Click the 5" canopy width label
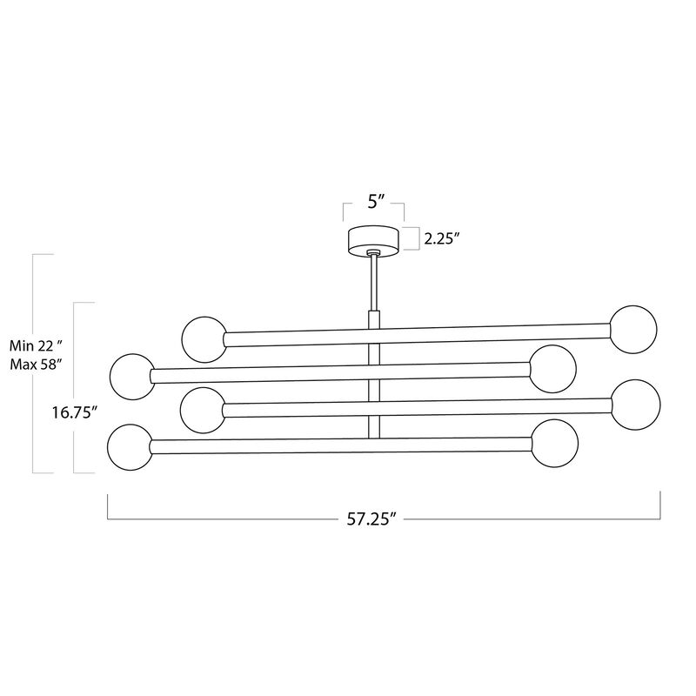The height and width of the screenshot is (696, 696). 373,204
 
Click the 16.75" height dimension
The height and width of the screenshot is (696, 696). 71,412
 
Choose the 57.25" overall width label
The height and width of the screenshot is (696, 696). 370,519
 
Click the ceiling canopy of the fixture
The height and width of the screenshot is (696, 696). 373,240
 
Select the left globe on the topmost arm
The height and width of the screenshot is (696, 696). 204,338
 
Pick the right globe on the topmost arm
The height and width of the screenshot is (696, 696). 634,328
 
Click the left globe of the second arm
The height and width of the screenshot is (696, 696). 133,376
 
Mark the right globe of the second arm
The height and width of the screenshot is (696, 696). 553,368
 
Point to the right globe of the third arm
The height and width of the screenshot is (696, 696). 635,402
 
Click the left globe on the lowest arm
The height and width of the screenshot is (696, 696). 130,446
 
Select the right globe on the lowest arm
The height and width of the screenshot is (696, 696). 554,442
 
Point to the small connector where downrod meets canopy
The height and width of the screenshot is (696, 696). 373,253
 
